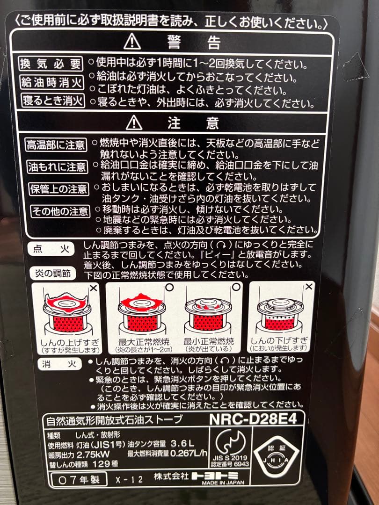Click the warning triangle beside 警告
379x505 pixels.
pos(132,43)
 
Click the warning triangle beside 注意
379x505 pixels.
pos(134,123)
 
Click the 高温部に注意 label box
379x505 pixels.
pos(56,144)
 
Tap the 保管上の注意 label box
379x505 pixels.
pos(58,189)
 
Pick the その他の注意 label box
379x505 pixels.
pos(59,211)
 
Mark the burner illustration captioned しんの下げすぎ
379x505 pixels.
pos(278,311)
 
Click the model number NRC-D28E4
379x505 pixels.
pos(253,419)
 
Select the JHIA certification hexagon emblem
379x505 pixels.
pos(278,456)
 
